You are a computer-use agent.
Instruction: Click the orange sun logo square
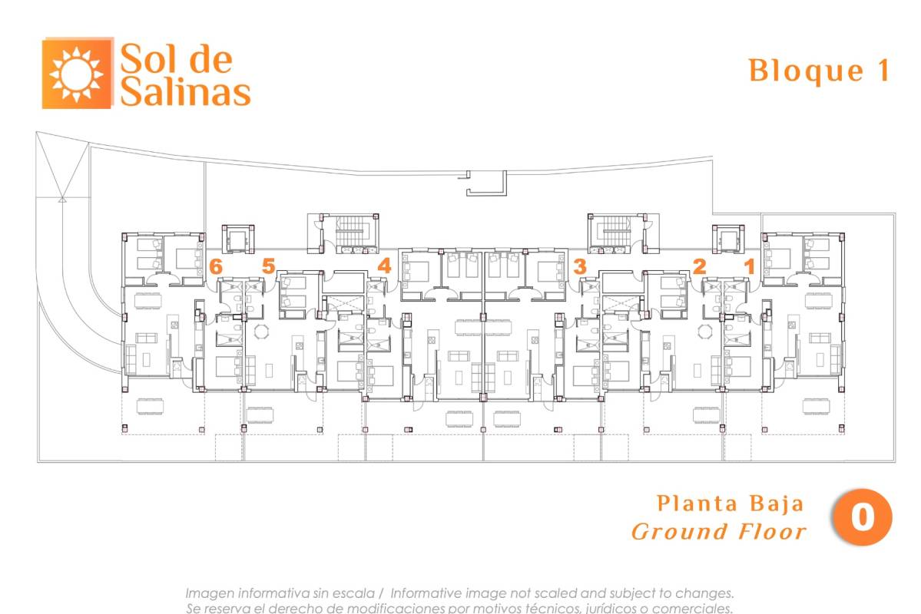[77, 74]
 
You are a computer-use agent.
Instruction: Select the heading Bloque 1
[820, 71]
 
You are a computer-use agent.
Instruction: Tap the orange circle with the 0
[862, 517]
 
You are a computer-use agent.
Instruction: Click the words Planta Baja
[730, 503]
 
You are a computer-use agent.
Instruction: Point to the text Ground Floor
[719, 532]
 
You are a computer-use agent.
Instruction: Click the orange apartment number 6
[216, 266]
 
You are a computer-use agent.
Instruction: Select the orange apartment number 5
[268, 266]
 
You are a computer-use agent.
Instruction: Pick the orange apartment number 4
[384, 266]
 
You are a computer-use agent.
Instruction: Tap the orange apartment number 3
[580, 266]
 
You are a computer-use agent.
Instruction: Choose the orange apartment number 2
[699, 266]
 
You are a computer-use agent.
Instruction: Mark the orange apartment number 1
[750, 266]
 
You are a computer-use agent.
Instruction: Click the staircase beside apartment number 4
[350, 231]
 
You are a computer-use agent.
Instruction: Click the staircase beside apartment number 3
[617, 231]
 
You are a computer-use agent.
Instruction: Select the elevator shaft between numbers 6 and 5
[238, 239]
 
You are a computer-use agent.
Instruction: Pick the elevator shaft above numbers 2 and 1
[728, 239]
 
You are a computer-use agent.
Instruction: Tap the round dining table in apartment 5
[260, 332]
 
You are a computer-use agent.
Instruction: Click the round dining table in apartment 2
[705, 332]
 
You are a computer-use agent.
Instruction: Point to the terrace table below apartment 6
[151, 405]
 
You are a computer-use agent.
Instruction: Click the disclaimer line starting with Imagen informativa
[459, 593]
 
